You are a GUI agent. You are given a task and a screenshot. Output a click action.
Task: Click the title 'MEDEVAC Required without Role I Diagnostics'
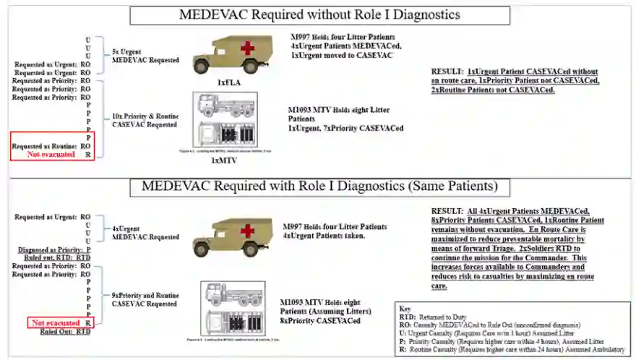pyautogui.click(x=319, y=15)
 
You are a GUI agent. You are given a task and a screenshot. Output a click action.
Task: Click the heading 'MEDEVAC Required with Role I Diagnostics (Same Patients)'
pyautogui.click(x=319, y=187)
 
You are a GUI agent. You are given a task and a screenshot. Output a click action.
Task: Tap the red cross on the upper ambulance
pyautogui.click(x=248, y=48)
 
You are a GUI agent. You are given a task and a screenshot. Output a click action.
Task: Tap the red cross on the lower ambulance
pyautogui.click(x=248, y=231)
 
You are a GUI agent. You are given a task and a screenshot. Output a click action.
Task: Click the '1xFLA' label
pyautogui.click(x=229, y=83)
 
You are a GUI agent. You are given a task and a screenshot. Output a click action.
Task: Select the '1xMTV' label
pyautogui.click(x=224, y=160)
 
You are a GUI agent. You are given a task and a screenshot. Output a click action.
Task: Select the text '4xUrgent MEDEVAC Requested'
pyautogui.click(x=145, y=233)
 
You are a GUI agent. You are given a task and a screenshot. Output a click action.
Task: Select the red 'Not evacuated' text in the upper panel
pyautogui.click(x=51, y=154)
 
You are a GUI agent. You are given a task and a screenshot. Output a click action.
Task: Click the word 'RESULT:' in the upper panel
pyautogui.click(x=446, y=72)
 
